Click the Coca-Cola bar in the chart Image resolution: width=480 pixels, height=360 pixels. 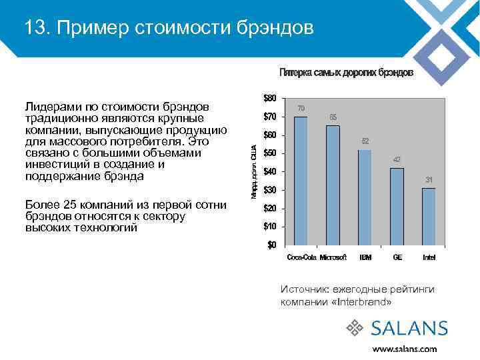[x=301, y=181]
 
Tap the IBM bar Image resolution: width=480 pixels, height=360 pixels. [x=365, y=197]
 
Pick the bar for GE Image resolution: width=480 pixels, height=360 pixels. [x=397, y=206]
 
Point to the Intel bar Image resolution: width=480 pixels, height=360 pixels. [x=429, y=216]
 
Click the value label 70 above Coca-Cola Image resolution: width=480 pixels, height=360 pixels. [x=301, y=108]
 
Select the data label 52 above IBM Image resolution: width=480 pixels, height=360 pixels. [x=365, y=141]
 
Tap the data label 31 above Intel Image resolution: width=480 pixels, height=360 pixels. [x=429, y=180]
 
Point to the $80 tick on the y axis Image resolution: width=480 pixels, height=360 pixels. [x=269, y=99]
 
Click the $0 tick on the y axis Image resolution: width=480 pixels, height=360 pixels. [x=271, y=245]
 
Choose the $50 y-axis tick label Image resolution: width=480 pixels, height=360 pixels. [x=269, y=153]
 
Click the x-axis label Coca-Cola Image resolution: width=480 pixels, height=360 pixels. [x=301, y=257]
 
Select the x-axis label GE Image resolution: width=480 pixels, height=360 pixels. [x=397, y=257]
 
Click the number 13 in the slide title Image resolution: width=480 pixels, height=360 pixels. [x=34, y=28]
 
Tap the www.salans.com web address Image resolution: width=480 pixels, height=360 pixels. [x=405, y=349]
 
